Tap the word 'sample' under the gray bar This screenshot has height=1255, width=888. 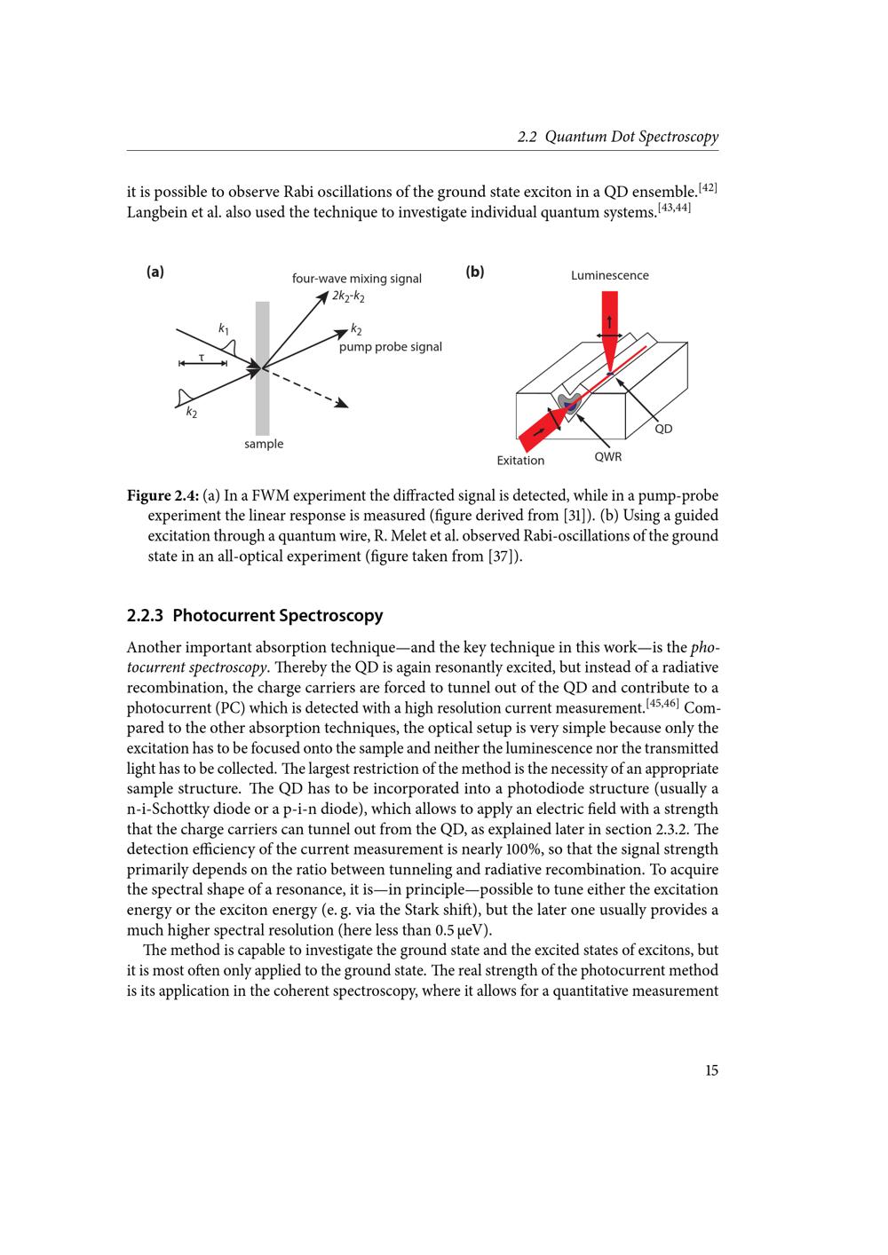coord(264,444)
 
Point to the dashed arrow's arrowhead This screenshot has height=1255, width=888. coord(342,404)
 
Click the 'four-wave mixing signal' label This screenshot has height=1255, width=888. coord(357,279)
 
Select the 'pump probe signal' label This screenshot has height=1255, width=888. coord(390,347)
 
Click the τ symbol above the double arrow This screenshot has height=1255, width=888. coord(202,356)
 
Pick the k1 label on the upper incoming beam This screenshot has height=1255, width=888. coord(224,328)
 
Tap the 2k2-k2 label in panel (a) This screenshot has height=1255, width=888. coord(348,296)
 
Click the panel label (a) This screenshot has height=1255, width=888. coord(155,272)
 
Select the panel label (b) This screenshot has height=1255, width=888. coord(475,272)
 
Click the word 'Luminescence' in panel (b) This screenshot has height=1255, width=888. coord(609,275)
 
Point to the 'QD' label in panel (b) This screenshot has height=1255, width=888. coord(663,429)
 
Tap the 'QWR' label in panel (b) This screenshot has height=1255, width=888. coord(608,457)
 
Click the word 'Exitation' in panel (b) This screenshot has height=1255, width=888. coord(520,461)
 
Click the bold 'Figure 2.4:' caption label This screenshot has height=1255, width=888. coord(163,495)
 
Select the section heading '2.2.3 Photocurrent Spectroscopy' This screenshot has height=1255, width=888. coord(255,615)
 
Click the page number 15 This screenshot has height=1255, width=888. coord(711,1070)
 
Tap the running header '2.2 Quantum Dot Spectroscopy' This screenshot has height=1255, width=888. coord(618,137)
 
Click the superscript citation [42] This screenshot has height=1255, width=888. coord(708,186)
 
